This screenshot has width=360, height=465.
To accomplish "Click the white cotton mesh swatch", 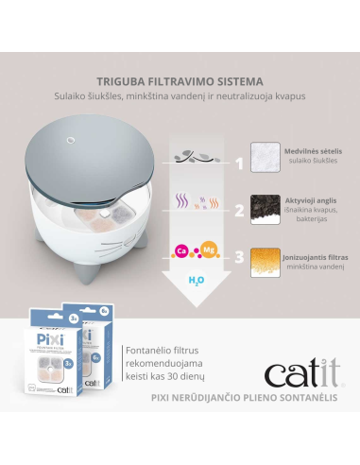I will tap(267, 159).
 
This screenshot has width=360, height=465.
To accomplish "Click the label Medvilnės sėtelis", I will tap(317, 151).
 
